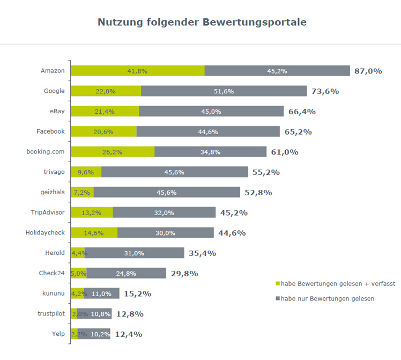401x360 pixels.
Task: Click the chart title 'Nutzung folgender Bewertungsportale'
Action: point(202,22)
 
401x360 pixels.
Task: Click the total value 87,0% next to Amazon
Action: point(368,71)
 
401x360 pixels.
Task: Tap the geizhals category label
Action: point(53,192)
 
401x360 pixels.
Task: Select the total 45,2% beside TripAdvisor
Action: point(234,213)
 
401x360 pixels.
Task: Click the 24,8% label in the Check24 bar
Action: point(127,274)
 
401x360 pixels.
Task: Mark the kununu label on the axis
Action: point(54,293)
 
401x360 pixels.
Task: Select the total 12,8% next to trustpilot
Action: point(130,314)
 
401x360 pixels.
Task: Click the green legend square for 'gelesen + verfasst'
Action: point(278,283)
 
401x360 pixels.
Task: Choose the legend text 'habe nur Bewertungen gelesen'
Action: point(328,299)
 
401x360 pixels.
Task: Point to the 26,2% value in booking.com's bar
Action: point(113,152)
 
